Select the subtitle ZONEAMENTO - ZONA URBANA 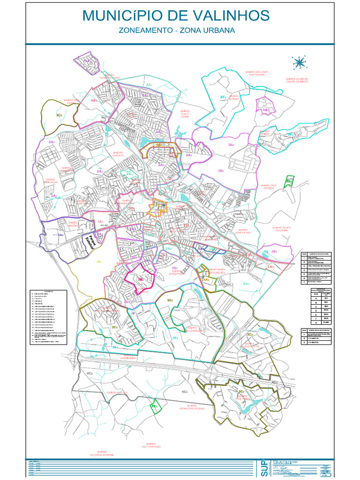pyautogui.click(x=176, y=31)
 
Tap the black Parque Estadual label pyautogui.click(x=88, y=242)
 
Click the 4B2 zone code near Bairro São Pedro pyautogui.click(x=94, y=100)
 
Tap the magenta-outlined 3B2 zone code pyautogui.click(x=140, y=278)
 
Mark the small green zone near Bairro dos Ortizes pyautogui.click(x=289, y=180)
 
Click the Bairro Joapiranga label pyautogui.click(x=127, y=357)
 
